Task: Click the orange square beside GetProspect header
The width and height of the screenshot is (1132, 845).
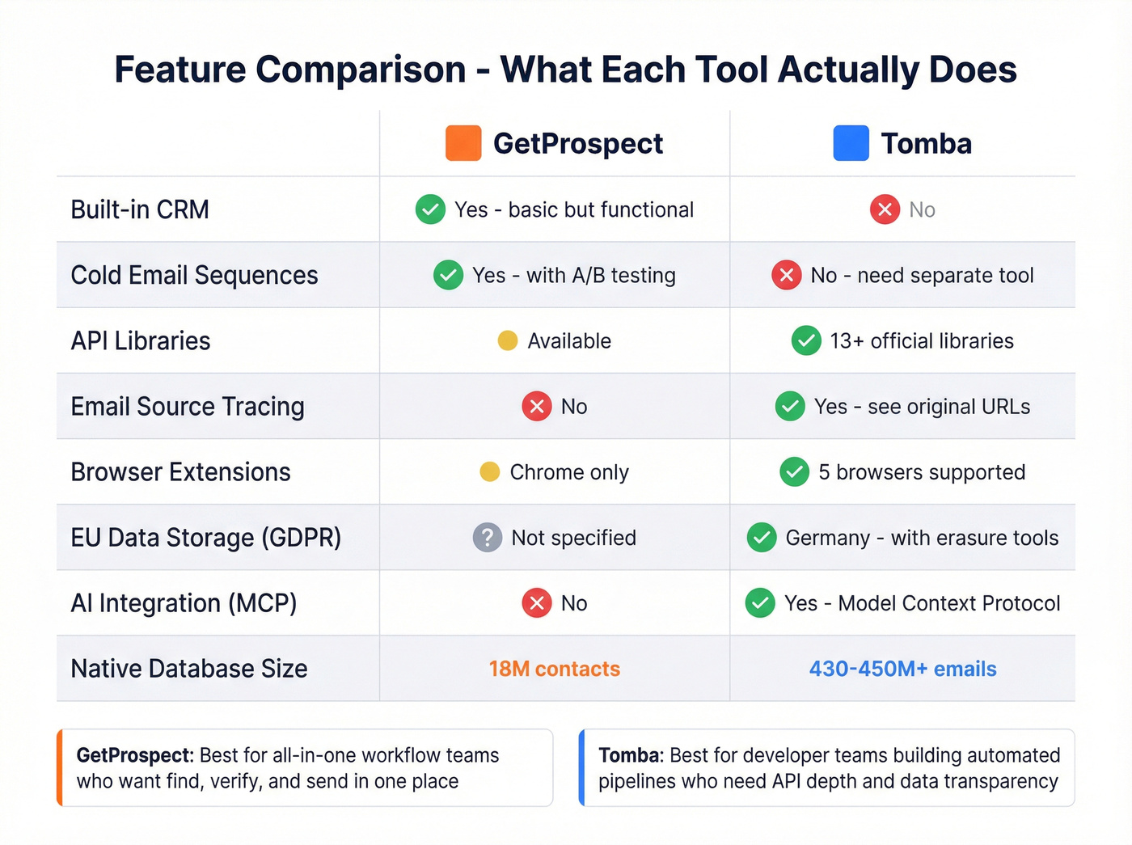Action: point(463,143)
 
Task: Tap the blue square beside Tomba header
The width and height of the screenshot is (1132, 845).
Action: point(851,143)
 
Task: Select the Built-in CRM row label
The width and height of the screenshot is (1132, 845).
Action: point(140,209)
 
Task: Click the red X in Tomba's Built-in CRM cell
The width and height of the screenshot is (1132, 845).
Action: point(885,209)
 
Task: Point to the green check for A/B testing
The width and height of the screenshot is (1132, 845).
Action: point(448,275)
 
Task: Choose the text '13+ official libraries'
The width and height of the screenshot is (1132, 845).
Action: point(922,340)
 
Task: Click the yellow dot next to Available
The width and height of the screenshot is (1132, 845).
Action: point(508,340)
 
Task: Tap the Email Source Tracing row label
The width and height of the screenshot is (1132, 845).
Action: point(188,406)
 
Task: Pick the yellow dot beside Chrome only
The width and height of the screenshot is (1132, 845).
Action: point(490,471)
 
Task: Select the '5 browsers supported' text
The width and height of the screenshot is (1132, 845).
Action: point(922,471)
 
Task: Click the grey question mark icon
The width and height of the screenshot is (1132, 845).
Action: point(487,537)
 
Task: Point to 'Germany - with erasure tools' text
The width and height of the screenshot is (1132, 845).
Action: point(922,537)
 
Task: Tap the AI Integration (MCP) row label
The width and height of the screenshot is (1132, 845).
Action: point(184,602)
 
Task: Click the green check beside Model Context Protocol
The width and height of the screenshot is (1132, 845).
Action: point(760,602)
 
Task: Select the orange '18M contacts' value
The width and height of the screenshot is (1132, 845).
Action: point(555,669)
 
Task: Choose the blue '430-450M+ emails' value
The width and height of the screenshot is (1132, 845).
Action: point(902,669)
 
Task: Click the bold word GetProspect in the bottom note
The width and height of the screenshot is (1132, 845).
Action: point(134,755)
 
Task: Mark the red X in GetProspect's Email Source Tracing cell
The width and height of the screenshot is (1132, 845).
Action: point(537,406)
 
